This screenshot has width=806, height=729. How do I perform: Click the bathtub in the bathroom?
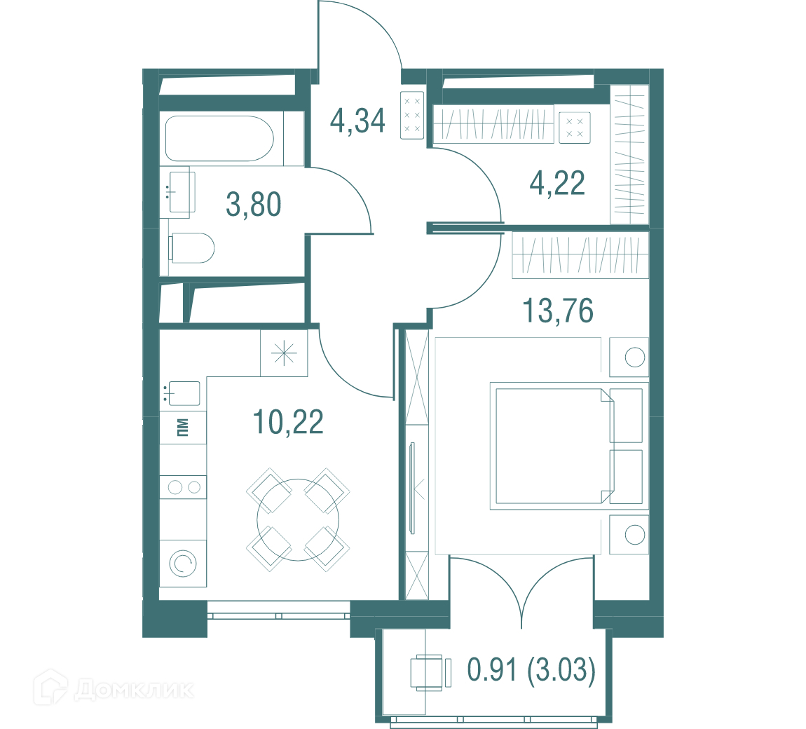219,138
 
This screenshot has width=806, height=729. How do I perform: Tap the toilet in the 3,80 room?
191,248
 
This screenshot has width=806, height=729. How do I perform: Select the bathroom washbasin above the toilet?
182,191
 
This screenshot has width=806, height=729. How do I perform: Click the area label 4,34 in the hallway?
357,121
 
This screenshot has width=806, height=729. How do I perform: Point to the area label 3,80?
254,204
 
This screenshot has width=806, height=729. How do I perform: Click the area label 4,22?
557,183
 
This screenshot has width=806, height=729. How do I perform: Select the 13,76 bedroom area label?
558,311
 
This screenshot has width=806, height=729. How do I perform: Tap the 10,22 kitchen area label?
288,422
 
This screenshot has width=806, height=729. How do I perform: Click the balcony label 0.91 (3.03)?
531,669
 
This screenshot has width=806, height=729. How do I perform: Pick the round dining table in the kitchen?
298,519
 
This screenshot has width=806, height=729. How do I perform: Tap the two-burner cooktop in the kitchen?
183,487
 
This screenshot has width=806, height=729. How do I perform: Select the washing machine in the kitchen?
183,564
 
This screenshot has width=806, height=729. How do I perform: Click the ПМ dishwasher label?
182,427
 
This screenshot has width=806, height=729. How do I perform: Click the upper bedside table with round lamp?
629,357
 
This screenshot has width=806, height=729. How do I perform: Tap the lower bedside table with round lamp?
629,535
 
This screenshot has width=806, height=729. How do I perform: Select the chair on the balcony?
430,672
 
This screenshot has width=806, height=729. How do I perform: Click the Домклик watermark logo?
114,688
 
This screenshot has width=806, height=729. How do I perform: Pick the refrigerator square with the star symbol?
284,353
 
